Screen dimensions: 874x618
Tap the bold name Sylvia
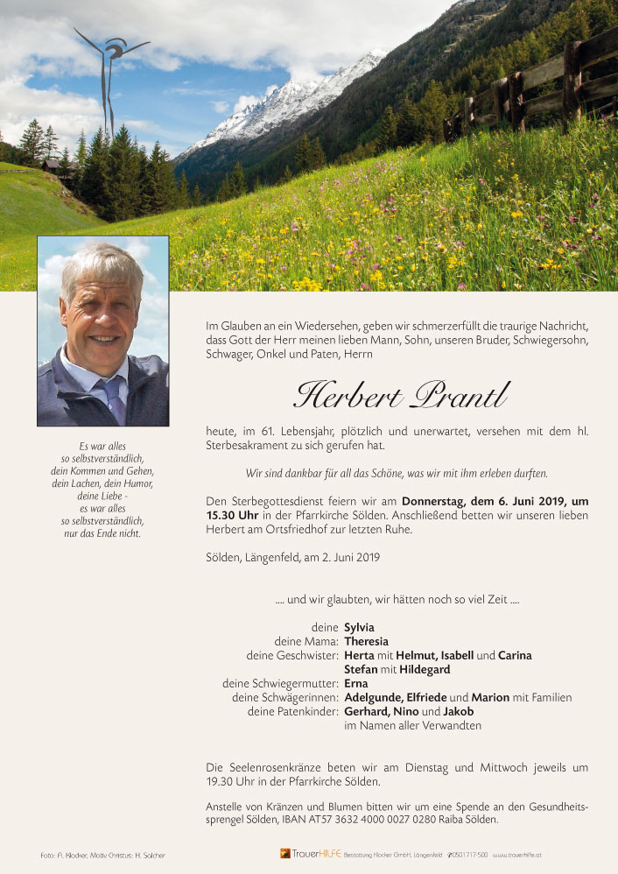click(x=359, y=627)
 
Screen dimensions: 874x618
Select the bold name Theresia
click(x=368, y=641)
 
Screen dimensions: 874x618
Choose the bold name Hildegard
click(x=425, y=669)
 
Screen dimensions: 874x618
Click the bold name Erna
click(x=356, y=683)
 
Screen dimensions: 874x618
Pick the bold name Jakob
click(x=458, y=711)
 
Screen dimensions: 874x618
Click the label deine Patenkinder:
click(x=292, y=711)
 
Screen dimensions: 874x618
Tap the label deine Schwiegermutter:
click(x=280, y=683)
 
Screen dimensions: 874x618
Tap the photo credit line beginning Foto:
click(x=102, y=855)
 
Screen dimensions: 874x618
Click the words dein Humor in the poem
click(x=130, y=483)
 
